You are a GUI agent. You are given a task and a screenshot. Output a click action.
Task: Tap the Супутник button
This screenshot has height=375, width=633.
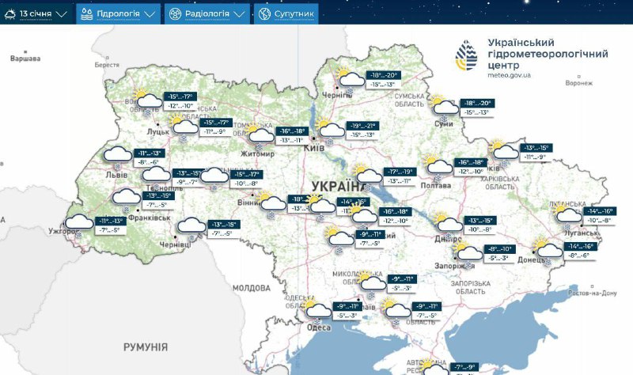click(x=286, y=14)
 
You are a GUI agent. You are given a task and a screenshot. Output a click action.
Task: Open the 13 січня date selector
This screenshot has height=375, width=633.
click(x=36, y=14)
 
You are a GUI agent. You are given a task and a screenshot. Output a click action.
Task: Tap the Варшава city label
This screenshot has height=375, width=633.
click(x=25, y=59)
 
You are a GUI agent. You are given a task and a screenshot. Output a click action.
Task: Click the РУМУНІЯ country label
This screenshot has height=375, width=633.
click(x=146, y=347)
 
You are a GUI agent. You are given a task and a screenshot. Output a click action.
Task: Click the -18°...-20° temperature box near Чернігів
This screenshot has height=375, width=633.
click(x=387, y=75)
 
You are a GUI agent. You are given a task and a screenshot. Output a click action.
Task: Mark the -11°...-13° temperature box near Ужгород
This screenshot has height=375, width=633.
click(x=108, y=221)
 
